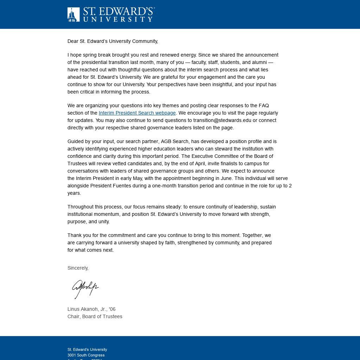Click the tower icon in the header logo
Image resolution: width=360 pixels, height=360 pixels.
click(x=73, y=15)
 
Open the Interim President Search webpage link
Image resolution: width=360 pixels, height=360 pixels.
click(x=137, y=113)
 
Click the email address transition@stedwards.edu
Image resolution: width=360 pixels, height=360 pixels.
click(x=222, y=120)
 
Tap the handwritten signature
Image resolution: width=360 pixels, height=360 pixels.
click(x=85, y=289)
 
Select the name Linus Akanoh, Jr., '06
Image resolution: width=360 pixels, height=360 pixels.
click(x=91, y=309)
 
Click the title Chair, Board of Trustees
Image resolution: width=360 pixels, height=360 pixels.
click(x=95, y=316)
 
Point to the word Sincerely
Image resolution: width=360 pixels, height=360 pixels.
click(x=78, y=268)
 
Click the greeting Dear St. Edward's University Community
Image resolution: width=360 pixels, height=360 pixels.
click(x=112, y=41)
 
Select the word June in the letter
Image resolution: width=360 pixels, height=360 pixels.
click(x=225, y=178)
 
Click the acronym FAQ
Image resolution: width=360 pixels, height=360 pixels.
click(x=264, y=105)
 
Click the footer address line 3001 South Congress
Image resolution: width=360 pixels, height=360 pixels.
click(x=86, y=355)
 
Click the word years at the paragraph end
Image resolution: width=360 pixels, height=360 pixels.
click(x=74, y=193)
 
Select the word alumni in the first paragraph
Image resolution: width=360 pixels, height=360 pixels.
click(x=259, y=62)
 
